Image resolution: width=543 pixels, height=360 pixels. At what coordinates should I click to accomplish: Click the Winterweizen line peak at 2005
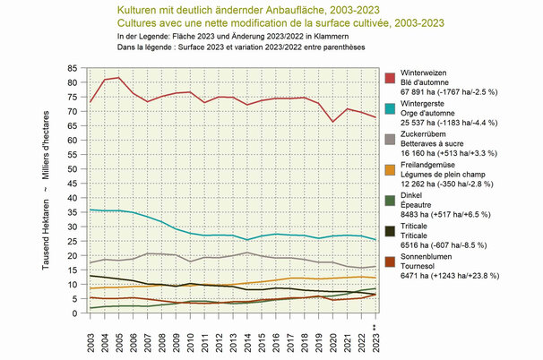[119, 77]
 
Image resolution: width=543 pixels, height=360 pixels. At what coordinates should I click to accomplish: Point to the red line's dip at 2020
[332, 122]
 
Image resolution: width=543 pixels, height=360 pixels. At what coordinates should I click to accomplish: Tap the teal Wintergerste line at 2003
[91, 210]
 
